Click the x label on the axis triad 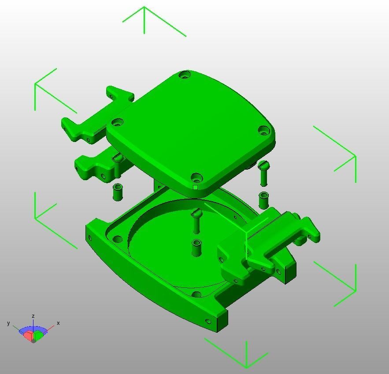58,323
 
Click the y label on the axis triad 8,323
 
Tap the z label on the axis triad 33,316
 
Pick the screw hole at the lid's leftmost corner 117,122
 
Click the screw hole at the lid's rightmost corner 263,130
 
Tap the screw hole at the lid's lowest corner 196,178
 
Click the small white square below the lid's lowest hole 196,188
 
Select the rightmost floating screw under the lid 264,172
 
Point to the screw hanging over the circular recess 196,221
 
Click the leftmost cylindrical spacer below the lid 118,192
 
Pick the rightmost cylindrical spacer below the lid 264,200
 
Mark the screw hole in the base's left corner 118,240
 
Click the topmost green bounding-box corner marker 144,18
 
